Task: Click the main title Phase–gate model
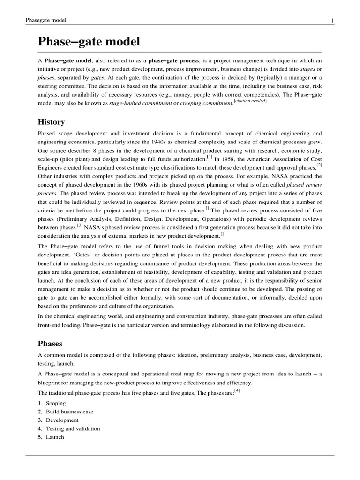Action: pyautogui.click(x=89, y=42)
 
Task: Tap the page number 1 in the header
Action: pyautogui.click(x=332, y=20)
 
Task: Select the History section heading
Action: pyautogui.click(x=51, y=122)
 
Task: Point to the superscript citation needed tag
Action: pyautogui.click(x=250, y=101)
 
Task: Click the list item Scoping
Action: pyautogui.click(x=56, y=403)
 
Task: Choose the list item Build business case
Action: pyautogui.click(x=69, y=412)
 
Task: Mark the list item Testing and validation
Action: pyautogui.click(x=73, y=428)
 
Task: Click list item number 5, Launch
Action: pyautogui.click(x=55, y=437)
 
